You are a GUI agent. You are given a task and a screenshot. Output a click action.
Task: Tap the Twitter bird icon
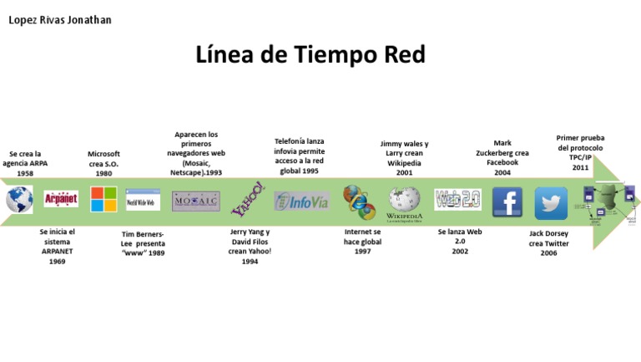point(551,203)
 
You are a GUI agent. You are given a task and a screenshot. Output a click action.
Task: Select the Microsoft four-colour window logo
point(103,200)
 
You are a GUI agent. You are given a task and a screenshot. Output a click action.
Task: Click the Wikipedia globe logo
point(405,201)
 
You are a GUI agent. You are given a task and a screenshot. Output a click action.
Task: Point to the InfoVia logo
point(301,201)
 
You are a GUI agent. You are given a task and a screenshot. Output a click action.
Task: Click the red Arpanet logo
point(61,200)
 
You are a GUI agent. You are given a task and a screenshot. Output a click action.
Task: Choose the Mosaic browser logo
point(196,201)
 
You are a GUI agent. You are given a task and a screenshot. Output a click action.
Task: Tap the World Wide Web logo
point(143,201)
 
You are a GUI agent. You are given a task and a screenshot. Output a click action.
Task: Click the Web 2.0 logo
point(457,200)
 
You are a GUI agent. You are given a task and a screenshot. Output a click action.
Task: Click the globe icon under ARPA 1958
point(18,201)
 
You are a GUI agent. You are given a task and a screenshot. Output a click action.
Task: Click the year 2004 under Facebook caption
point(502,173)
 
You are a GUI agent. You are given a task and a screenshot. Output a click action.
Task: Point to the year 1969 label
point(57,262)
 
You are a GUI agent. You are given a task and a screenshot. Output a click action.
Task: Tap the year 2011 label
point(580,168)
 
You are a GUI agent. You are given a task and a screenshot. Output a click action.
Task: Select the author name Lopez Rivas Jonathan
point(59,19)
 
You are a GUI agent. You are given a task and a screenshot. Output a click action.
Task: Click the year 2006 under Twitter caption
point(548,253)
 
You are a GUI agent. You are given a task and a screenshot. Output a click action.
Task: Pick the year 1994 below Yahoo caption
point(250,262)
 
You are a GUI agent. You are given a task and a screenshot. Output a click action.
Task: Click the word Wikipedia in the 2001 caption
point(404,163)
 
